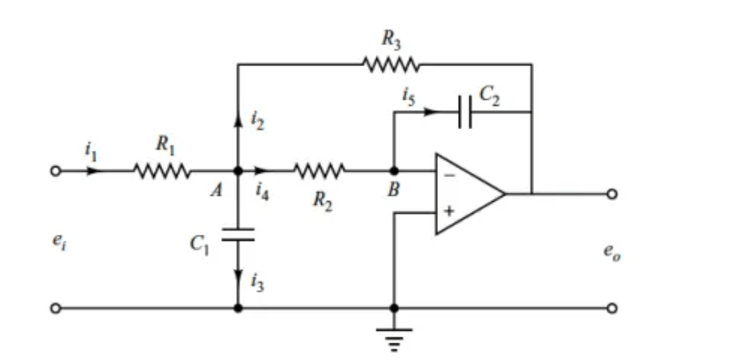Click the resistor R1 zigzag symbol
point(161,170)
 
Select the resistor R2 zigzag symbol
point(319,170)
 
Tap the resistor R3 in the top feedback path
point(391,64)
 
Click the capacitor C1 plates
point(238,234)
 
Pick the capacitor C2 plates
point(465,112)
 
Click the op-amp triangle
point(467,193)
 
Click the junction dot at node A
point(238,170)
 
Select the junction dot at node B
point(394,170)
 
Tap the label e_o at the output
point(610,252)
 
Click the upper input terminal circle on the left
point(56,170)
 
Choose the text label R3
point(390,39)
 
